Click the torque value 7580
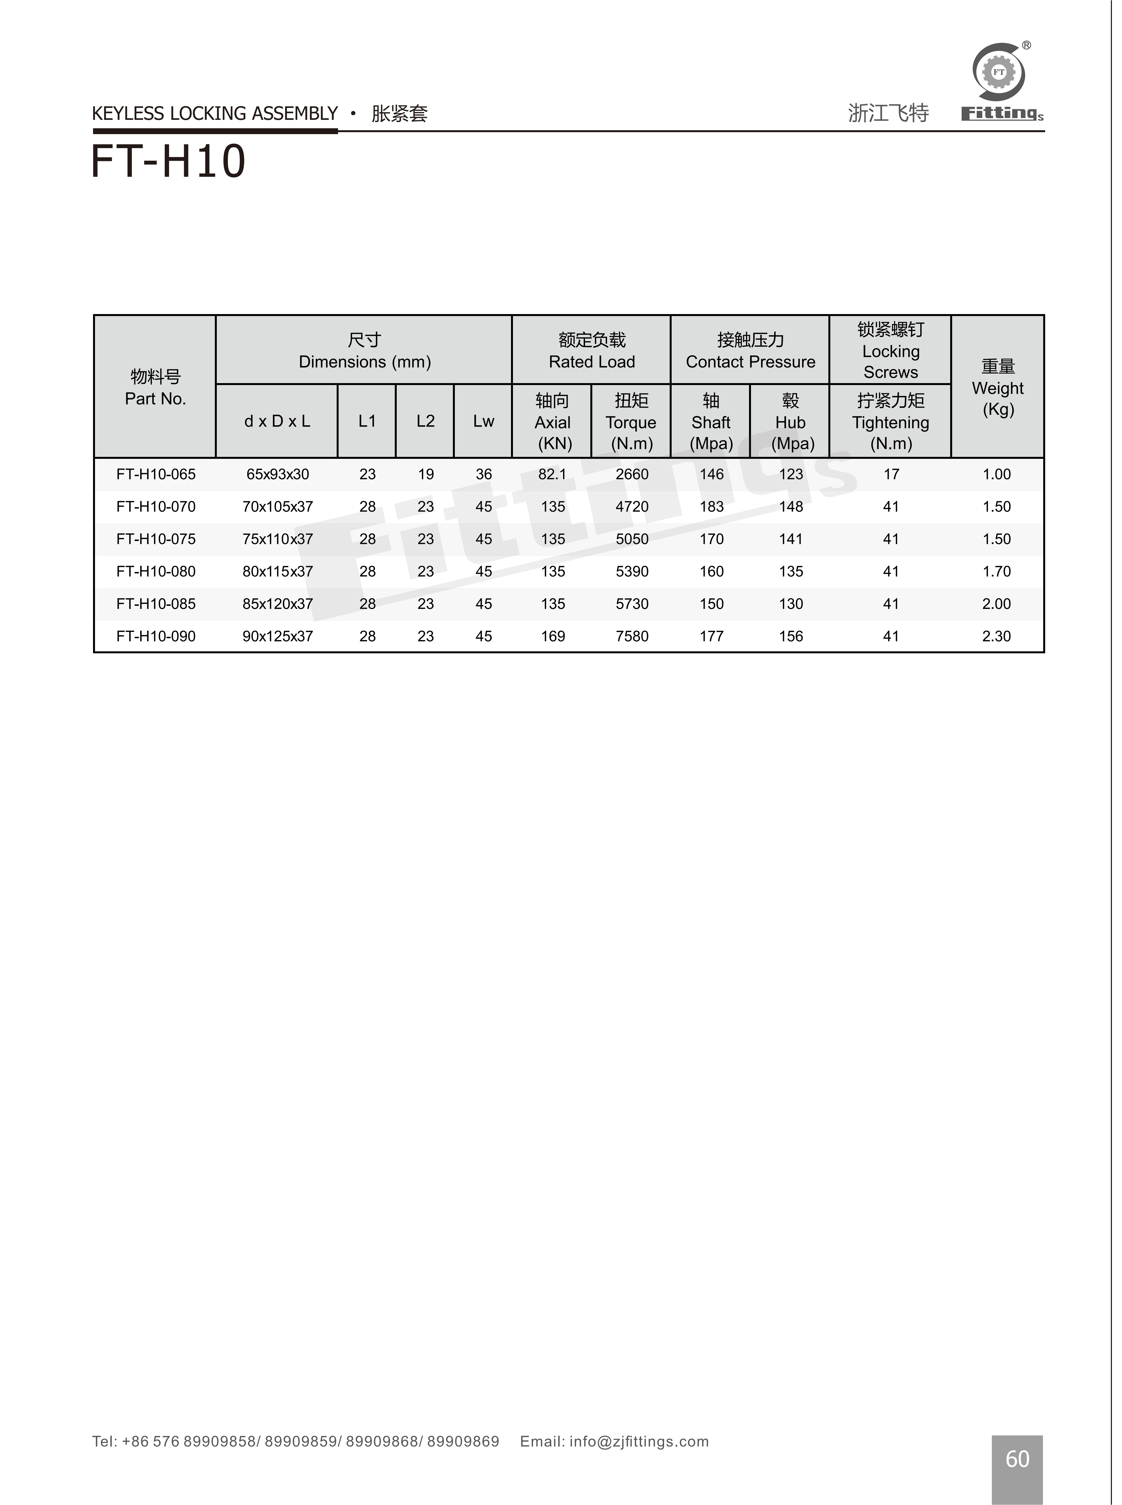pos(632,636)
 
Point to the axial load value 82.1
pos(552,474)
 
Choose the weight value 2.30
pos(996,636)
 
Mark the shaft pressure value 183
pos(711,507)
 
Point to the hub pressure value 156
pos(791,636)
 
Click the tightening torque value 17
pos(890,474)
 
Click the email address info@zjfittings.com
pos(638,1441)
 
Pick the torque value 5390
pos(632,572)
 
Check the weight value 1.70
pos(996,572)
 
